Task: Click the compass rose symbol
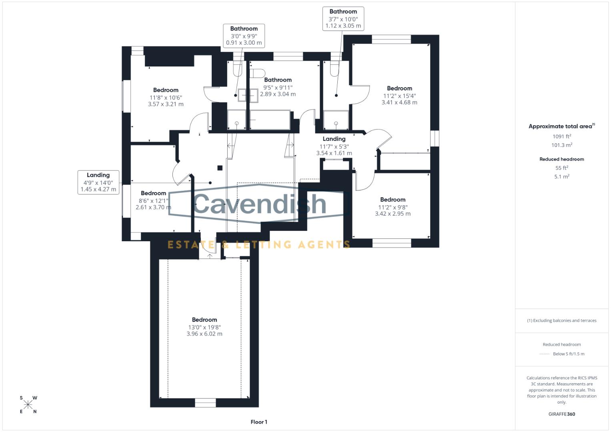pyautogui.click(x=28, y=405)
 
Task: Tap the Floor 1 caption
pyautogui.click(x=259, y=422)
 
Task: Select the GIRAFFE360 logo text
pyautogui.click(x=561, y=414)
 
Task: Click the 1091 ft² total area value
pyautogui.click(x=561, y=136)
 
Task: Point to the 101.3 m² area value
pyautogui.click(x=561, y=145)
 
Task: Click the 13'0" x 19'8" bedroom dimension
pyautogui.click(x=204, y=327)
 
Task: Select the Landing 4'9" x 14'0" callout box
pyautogui.click(x=98, y=182)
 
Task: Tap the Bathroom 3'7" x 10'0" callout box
pyautogui.click(x=343, y=18)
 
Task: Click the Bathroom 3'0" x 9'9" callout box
pyautogui.click(x=244, y=36)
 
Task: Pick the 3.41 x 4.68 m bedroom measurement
pyautogui.click(x=399, y=102)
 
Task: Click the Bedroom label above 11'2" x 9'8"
pyautogui.click(x=393, y=200)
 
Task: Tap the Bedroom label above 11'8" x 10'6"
pyautogui.click(x=166, y=90)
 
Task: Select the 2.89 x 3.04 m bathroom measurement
pyautogui.click(x=278, y=94)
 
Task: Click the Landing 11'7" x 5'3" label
pyautogui.click(x=334, y=139)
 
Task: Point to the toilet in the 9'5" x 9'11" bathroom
pyautogui.click(x=257, y=73)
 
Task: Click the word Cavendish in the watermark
pyautogui.click(x=260, y=204)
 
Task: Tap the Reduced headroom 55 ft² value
pyautogui.click(x=561, y=168)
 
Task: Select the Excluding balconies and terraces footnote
pyautogui.click(x=561, y=320)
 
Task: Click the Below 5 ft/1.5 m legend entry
pyautogui.click(x=568, y=354)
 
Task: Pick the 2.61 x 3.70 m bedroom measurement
pyautogui.click(x=153, y=207)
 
